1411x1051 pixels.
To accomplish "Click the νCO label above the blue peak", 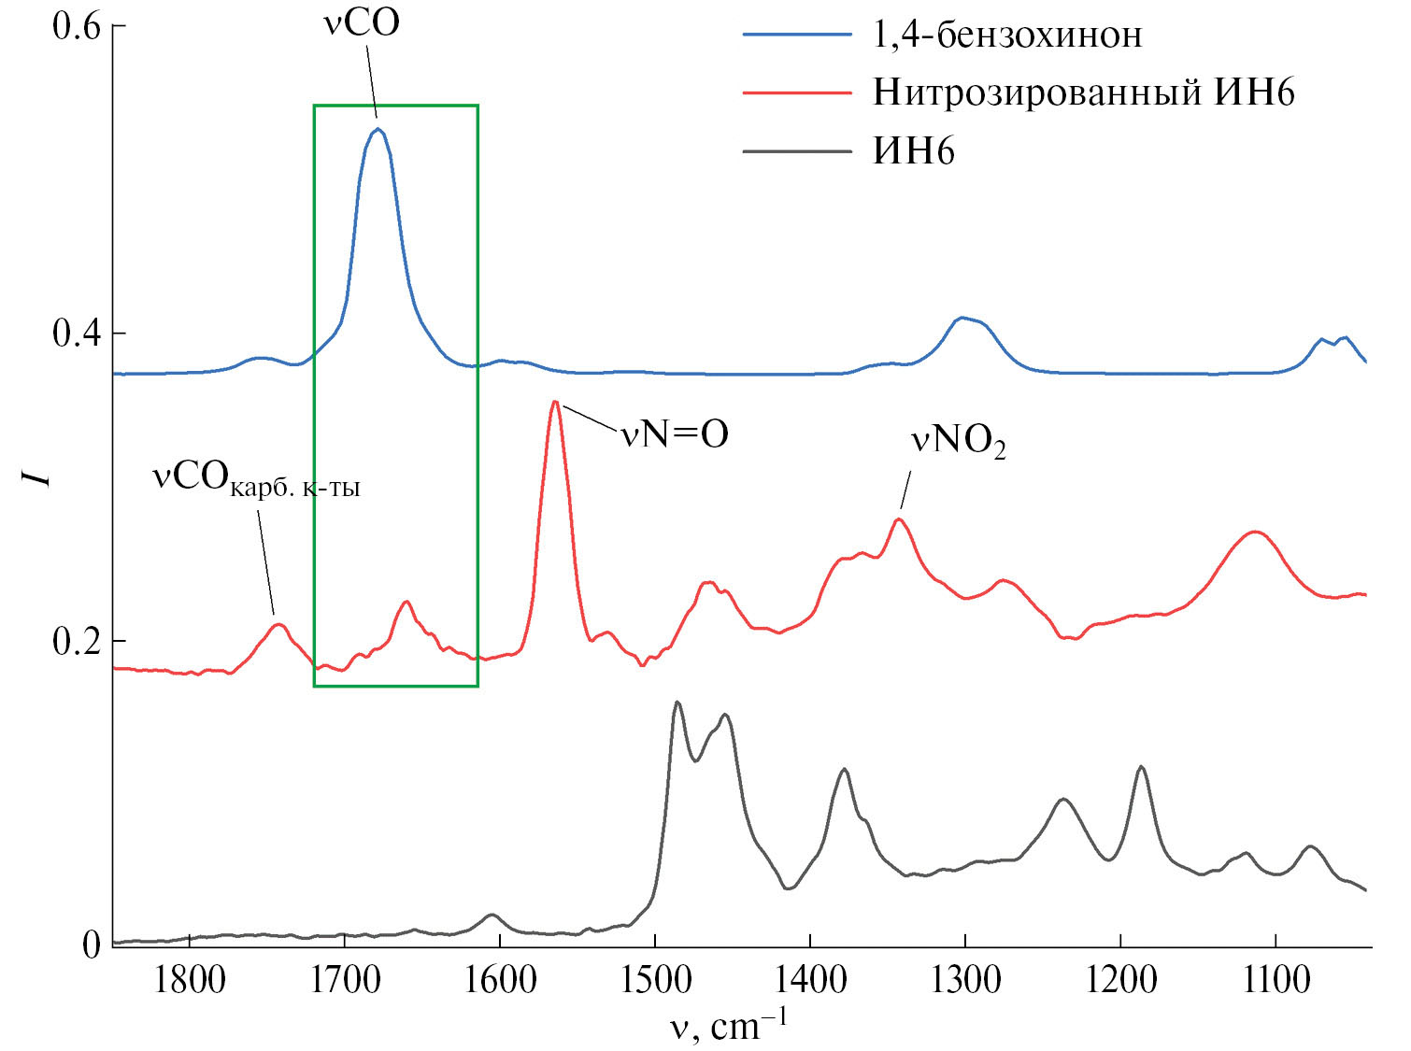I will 362,22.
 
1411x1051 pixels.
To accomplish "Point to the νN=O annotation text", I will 675,434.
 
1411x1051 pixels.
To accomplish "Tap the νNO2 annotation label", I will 958,441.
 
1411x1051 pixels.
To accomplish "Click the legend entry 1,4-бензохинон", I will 1006,36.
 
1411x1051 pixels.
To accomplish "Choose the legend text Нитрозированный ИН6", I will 1083,92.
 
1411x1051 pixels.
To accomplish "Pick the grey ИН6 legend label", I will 913,150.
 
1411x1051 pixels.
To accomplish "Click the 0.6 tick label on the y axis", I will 76,26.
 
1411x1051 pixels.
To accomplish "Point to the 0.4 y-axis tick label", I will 76,334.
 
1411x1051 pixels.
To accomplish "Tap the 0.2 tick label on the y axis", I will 76,642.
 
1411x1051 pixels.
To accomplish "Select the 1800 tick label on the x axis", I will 191,980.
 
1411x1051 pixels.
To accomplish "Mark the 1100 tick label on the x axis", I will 1275,980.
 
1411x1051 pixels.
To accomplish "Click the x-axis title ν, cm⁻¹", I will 728,1025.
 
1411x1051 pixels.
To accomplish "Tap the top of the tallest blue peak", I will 378,129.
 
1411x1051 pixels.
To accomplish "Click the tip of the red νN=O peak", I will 555,402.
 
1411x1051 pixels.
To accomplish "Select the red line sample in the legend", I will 797,92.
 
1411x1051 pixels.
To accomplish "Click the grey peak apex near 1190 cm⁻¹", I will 1140,767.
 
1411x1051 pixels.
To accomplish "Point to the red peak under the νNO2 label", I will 899,519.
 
